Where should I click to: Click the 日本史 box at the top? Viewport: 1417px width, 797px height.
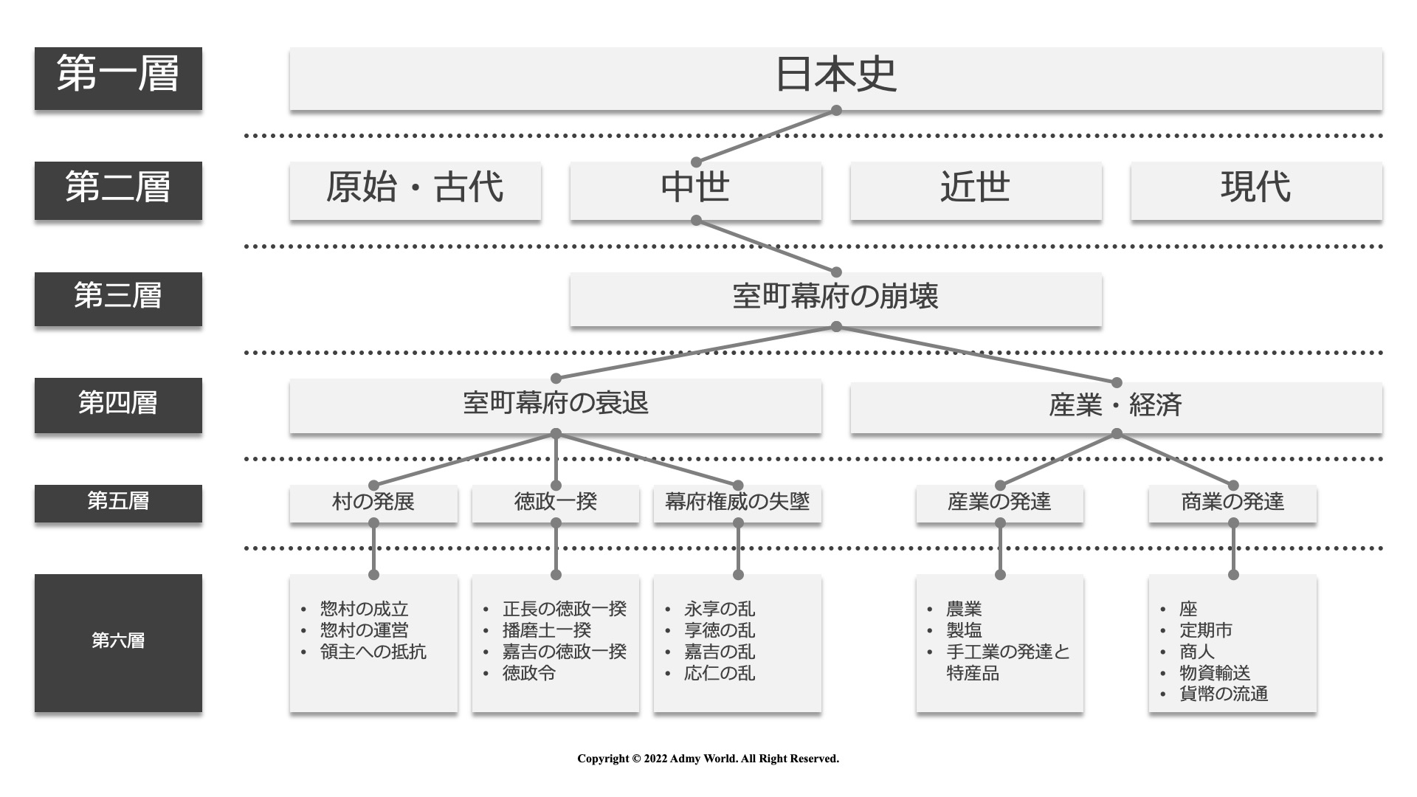click(x=835, y=79)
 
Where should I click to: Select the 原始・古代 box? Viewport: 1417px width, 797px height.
click(x=416, y=190)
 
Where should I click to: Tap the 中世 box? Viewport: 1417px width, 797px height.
click(x=695, y=190)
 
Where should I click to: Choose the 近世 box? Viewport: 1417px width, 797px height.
click(x=976, y=190)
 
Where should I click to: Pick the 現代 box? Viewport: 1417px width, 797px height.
click(x=1256, y=190)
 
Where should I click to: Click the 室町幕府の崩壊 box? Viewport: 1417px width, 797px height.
click(x=835, y=300)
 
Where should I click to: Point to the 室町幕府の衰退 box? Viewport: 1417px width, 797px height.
click(x=555, y=406)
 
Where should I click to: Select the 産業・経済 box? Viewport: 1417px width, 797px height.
click(x=1116, y=407)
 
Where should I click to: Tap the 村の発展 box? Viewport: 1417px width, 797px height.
click(x=373, y=504)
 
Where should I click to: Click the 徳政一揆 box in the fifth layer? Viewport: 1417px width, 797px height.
click(x=556, y=504)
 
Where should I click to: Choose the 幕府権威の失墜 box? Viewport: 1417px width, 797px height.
click(x=737, y=504)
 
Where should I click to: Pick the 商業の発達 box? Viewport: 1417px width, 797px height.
click(x=1232, y=504)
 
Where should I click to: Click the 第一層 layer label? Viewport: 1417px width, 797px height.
click(x=118, y=78)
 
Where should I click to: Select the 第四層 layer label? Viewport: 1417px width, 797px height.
click(x=118, y=405)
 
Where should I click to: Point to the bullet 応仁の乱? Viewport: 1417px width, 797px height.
click(x=720, y=673)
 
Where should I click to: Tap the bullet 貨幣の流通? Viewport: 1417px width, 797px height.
click(x=1224, y=694)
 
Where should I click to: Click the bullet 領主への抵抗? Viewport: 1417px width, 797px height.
click(x=373, y=652)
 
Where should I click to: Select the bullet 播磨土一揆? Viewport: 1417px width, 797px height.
click(x=547, y=630)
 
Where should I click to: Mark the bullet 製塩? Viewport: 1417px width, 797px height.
click(x=964, y=630)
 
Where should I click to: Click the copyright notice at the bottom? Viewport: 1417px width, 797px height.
click(x=708, y=759)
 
